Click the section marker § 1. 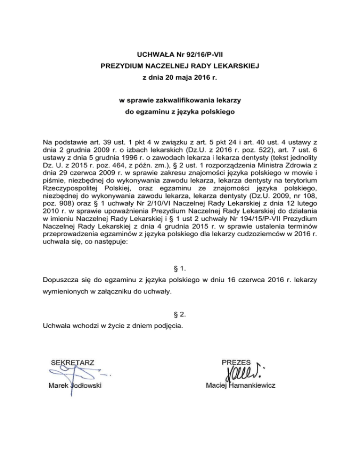tap(180, 269)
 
